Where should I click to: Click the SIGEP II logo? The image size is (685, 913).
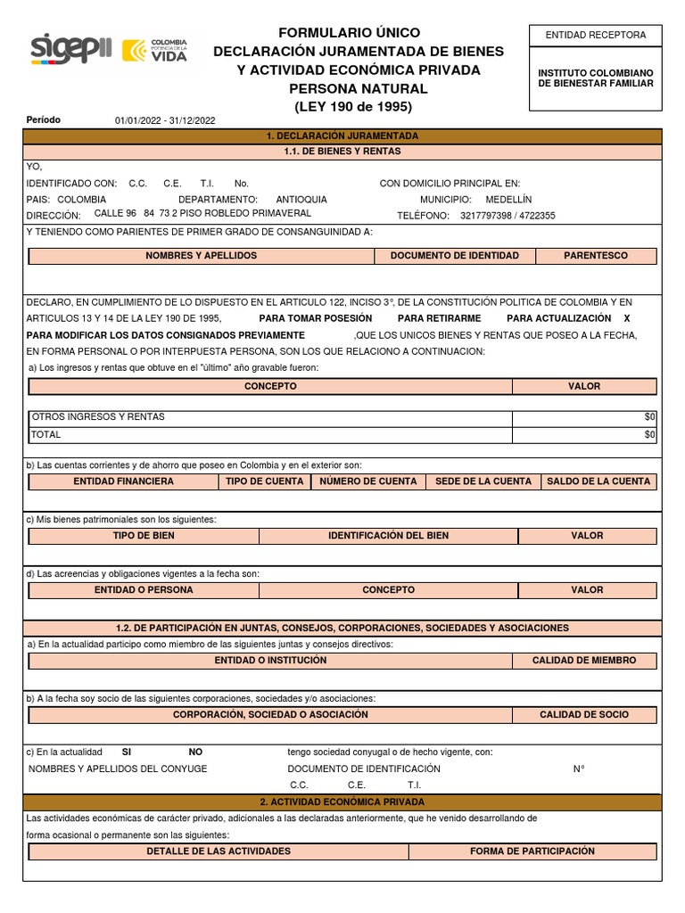70,49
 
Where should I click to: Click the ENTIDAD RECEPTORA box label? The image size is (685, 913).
595,35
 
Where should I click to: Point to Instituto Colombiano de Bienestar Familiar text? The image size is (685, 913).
595,78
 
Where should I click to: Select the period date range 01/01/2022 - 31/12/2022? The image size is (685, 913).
165,120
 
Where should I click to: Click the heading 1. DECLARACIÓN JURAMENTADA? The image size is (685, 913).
342,136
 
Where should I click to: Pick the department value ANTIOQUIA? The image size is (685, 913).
301,200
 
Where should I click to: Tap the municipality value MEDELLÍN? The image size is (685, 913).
508,200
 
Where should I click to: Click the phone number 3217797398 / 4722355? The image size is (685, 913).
508,216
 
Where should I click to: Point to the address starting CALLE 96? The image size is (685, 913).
202,214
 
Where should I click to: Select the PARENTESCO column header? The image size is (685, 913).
595,256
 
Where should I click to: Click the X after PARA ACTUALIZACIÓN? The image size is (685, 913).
626,318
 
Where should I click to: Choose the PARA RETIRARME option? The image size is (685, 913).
439,318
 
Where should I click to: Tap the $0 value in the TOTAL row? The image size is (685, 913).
649,434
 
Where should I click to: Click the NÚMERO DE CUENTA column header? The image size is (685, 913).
367,481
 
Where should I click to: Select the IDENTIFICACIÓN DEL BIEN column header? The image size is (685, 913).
388,536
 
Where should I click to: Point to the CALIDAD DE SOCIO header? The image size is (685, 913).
583,715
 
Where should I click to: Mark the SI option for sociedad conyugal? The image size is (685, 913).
127,752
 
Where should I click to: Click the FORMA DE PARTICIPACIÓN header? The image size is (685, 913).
532,851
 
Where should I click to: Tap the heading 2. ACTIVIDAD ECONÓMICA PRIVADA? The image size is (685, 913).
342,802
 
